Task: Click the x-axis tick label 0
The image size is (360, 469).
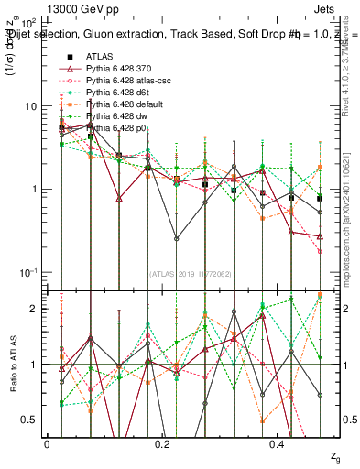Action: tap(47, 443)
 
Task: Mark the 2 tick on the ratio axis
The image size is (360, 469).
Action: tap(32, 309)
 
